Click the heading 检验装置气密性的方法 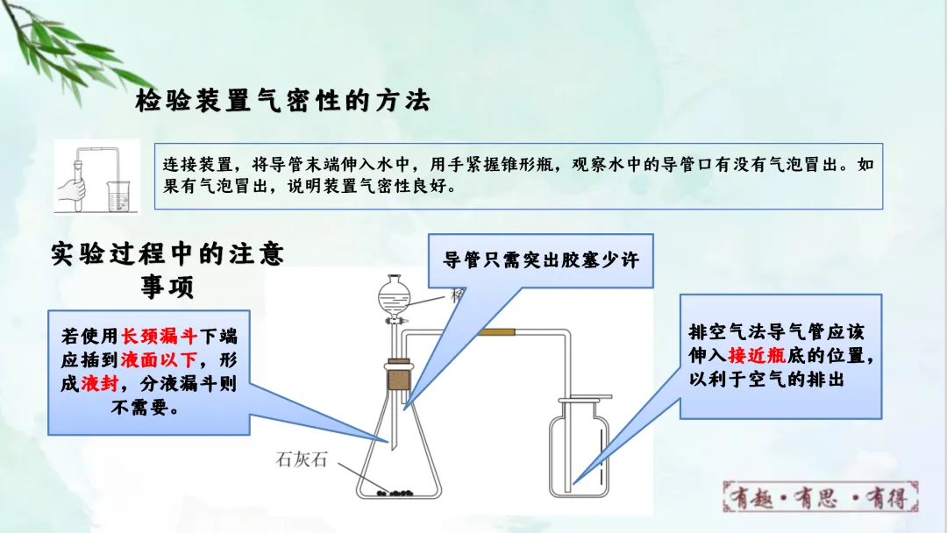coord(282,102)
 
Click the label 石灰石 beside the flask coord(301,458)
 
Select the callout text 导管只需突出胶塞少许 coord(541,260)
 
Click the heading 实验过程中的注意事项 coord(167,270)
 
